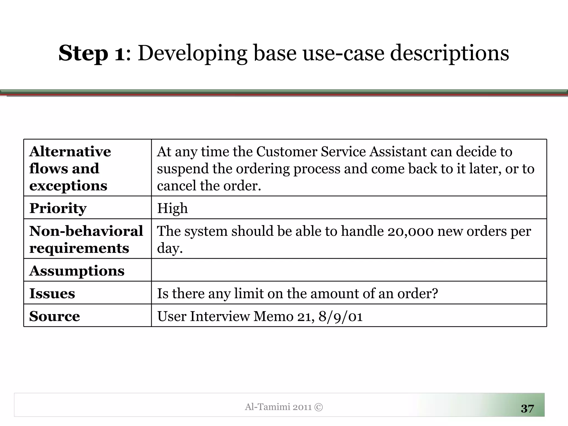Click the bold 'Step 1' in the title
click(92, 53)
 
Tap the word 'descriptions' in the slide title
click(449, 53)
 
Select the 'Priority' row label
click(58, 208)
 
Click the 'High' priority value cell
click(173, 208)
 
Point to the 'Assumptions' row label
click(77, 271)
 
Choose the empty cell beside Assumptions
click(349, 270)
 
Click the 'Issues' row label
click(52, 293)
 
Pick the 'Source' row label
click(55, 316)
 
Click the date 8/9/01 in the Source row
click(341, 316)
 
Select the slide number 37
click(527, 409)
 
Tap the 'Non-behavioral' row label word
click(86, 231)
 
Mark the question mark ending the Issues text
click(435, 293)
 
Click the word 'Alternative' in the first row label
click(70, 152)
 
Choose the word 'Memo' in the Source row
click(273, 316)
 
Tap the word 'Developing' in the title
click(192, 53)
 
